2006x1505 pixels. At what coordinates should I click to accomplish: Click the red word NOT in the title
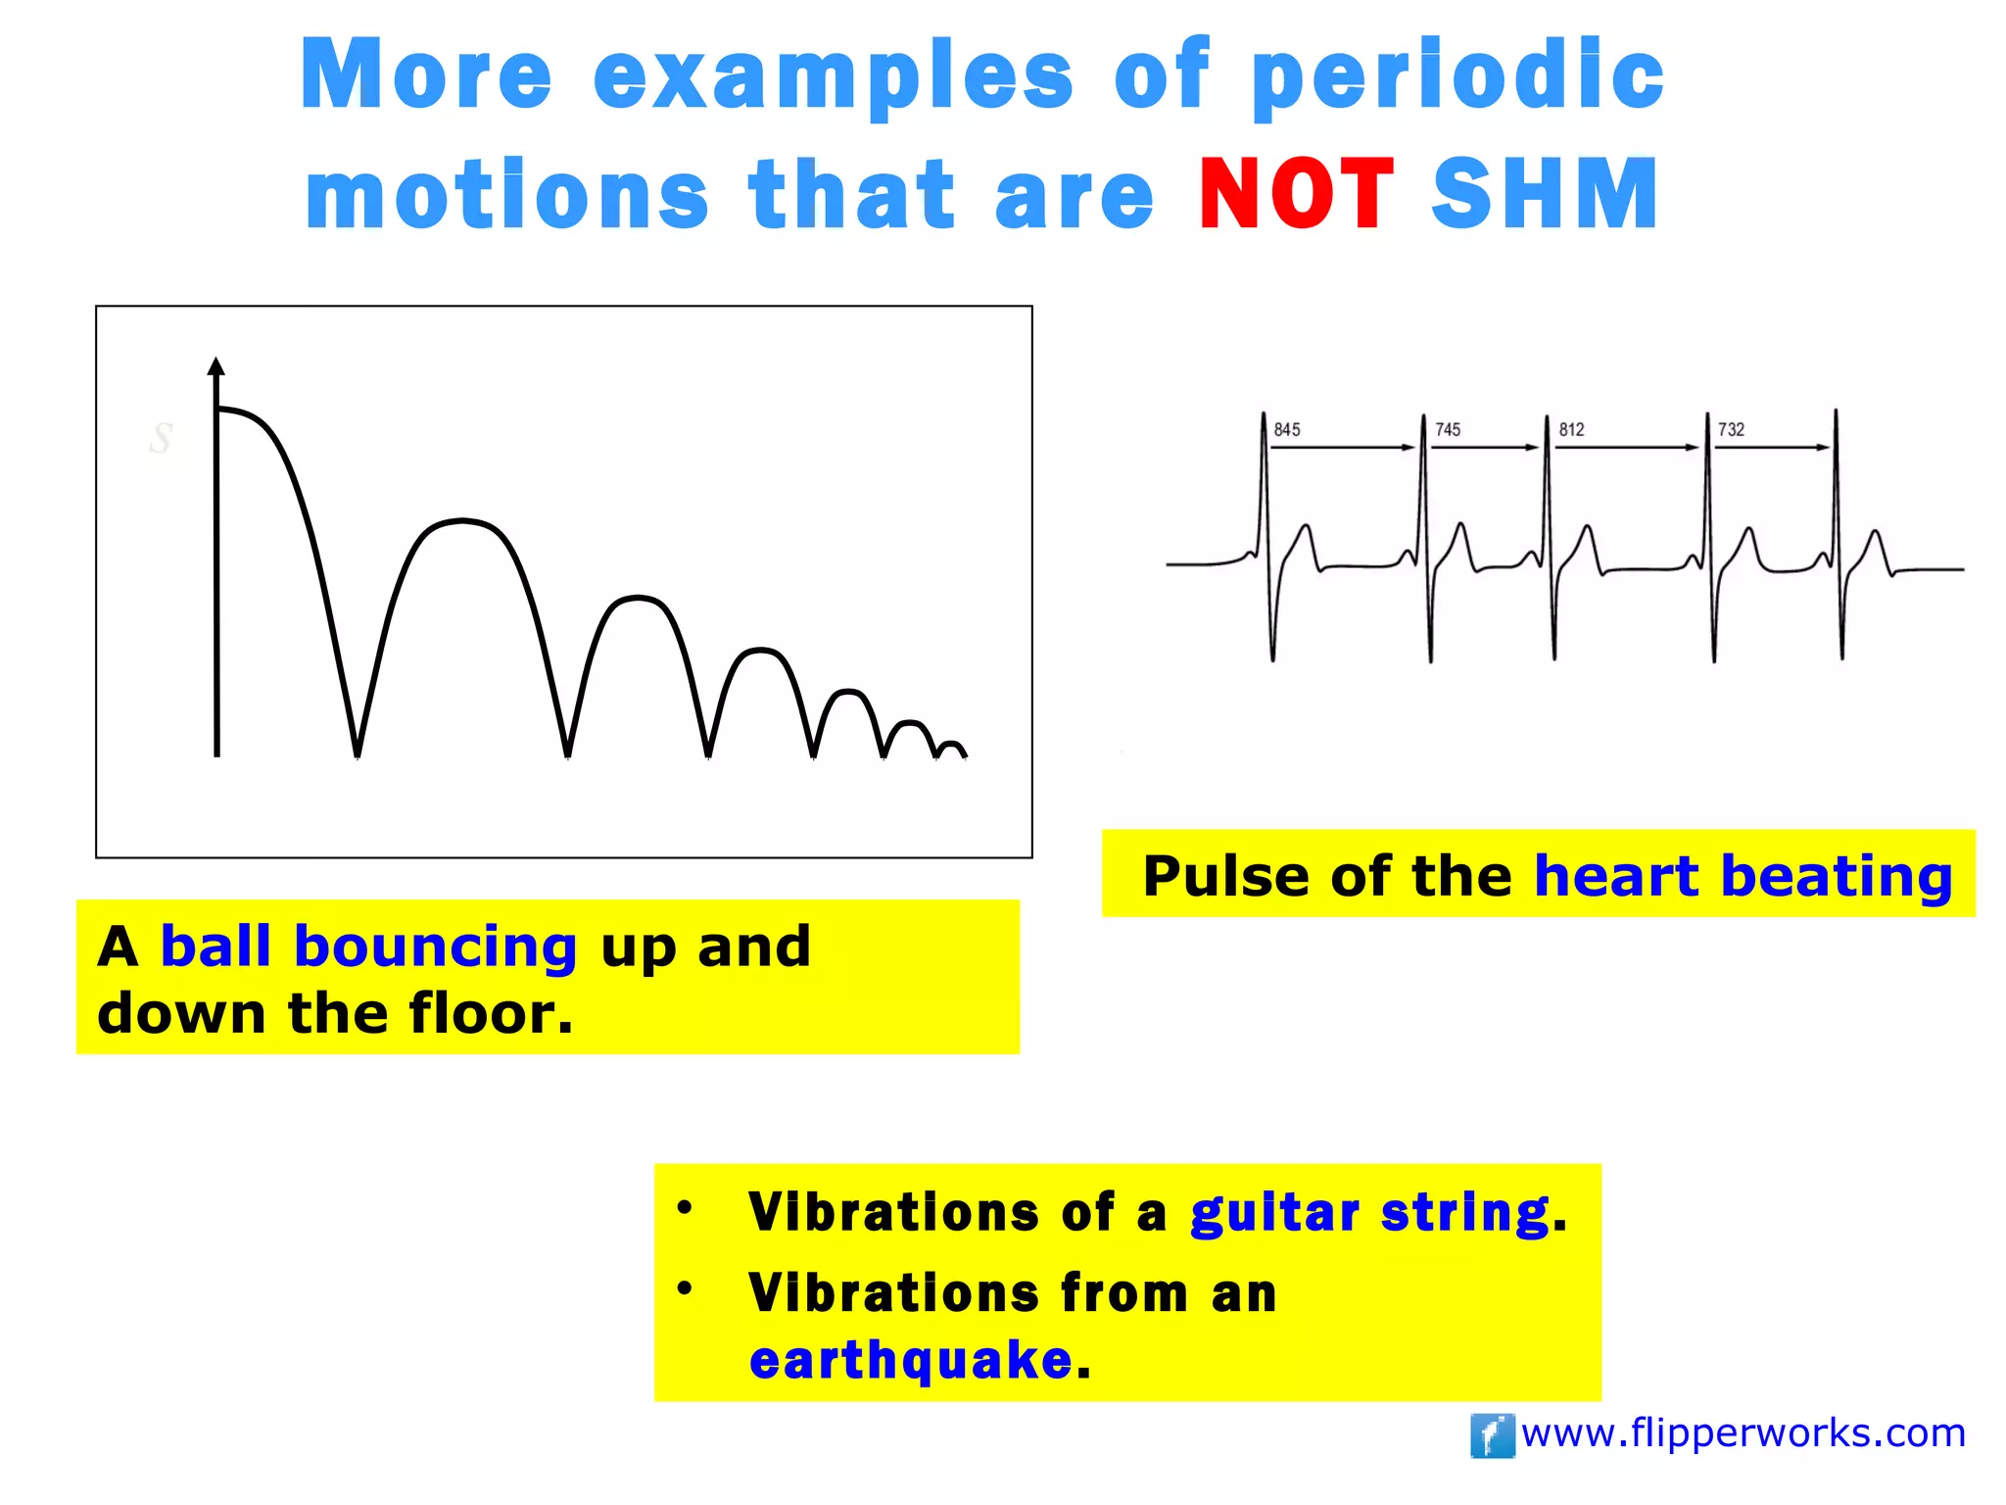[1296, 194]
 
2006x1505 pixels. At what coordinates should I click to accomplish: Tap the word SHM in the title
[1545, 194]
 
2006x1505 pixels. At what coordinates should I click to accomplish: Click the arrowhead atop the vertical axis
[216, 366]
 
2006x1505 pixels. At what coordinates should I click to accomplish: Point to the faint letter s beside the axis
[162, 437]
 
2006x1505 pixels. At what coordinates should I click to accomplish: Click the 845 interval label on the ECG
[1287, 429]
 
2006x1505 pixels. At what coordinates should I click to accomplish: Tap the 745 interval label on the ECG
[1448, 429]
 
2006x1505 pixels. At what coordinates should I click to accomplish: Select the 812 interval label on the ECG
[1571, 429]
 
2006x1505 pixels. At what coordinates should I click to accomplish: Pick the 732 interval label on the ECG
[1731, 429]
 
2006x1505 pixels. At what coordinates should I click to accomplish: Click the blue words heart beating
[1743, 875]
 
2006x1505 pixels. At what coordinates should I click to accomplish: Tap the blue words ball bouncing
[368, 947]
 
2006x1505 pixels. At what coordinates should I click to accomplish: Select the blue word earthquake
[911, 1360]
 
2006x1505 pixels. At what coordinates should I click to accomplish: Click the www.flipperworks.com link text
[1743, 1433]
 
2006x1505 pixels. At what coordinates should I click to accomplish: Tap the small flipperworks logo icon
[1492, 1435]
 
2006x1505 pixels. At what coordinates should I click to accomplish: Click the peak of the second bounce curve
[462, 520]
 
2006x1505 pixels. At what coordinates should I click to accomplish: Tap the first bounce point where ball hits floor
[358, 754]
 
